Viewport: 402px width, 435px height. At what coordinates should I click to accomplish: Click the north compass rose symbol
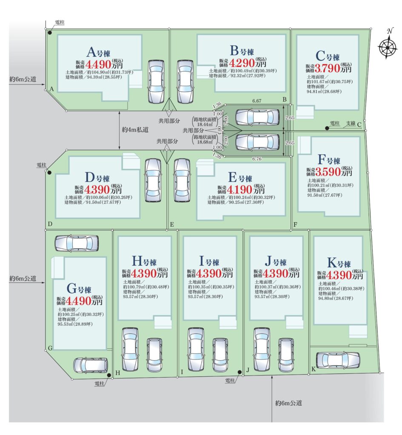tap(388, 45)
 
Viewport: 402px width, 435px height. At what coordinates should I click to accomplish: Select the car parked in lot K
tap(338, 360)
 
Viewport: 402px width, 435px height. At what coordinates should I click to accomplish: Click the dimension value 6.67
tap(256, 101)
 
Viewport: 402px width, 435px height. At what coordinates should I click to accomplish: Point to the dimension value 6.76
tap(257, 159)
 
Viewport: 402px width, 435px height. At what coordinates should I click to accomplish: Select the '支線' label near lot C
tap(350, 123)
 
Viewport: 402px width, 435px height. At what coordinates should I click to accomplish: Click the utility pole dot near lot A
tap(50, 32)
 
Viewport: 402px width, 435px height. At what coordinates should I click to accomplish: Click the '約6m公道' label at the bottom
tap(288, 403)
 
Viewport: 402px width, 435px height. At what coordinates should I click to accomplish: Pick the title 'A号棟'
tap(98, 52)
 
